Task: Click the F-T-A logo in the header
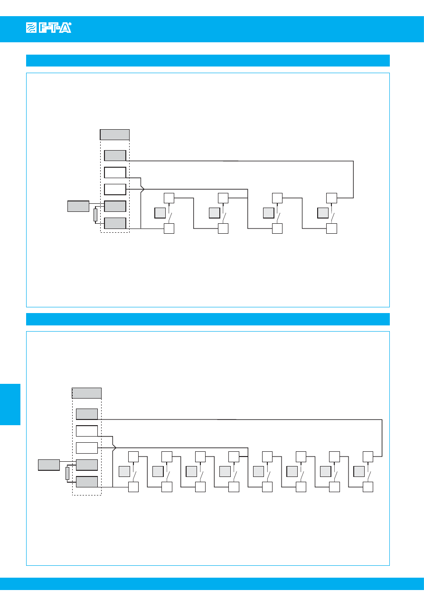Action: (x=48, y=29)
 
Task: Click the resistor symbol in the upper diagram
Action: (x=95, y=215)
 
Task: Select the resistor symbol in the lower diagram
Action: (x=67, y=473)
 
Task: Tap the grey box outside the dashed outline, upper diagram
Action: (x=78, y=206)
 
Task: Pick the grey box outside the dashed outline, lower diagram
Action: (x=49, y=465)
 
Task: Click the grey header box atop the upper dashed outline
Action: (x=115, y=134)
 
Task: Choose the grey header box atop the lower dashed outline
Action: (x=86, y=393)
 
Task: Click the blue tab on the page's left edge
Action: (x=10, y=404)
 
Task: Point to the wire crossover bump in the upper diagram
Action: (x=142, y=189)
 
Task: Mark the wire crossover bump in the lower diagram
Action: (x=114, y=447)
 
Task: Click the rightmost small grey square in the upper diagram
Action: (x=323, y=213)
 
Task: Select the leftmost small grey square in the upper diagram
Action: (x=160, y=213)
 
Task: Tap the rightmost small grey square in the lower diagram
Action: (x=359, y=472)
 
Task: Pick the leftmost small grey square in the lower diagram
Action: (x=124, y=472)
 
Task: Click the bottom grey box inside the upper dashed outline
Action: (x=115, y=223)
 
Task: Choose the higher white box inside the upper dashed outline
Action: (x=115, y=172)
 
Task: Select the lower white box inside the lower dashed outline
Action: (x=87, y=448)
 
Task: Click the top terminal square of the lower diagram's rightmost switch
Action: (x=367, y=457)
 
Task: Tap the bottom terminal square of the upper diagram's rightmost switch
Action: (x=332, y=229)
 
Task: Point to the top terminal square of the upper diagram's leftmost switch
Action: (x=169, y=198)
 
